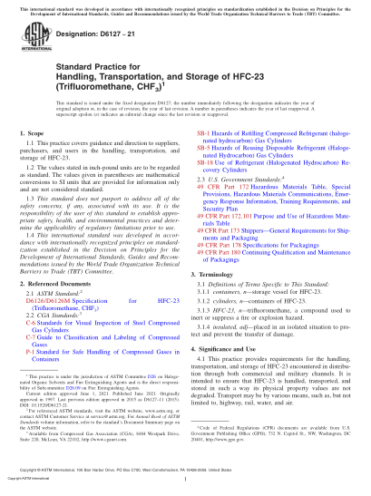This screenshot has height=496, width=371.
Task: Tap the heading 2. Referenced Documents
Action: click(x=60, y=308)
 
